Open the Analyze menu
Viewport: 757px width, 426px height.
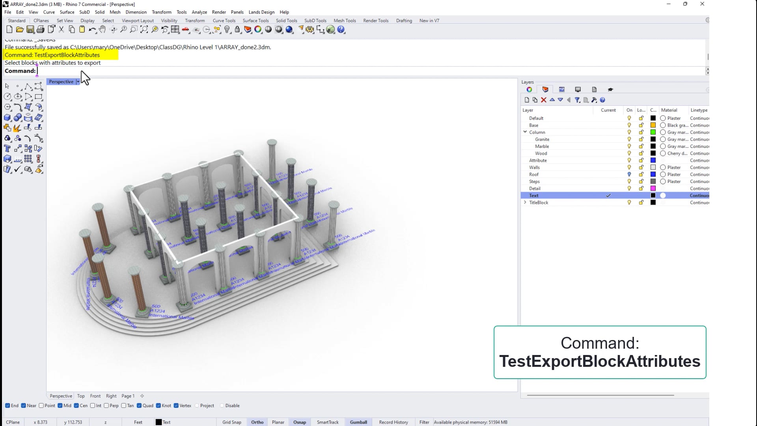(x=199, y=12)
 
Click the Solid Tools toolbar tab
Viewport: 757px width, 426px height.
(x=286, y=21)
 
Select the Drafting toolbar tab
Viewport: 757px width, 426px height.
(x=404, y=21)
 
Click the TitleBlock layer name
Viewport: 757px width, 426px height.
(x=539, y=203)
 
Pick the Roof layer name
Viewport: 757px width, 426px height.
(x=534, y=174)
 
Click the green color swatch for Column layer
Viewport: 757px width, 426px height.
(x=653, y=132)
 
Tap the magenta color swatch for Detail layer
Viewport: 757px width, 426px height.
(x=653, y=189)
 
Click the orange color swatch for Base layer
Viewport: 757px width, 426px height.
(x=653, y=125)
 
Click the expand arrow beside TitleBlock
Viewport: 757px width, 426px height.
(x=525, y=202)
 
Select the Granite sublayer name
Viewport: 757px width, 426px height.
(x=542, y=139)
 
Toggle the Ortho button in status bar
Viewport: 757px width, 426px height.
(x=257, y=422)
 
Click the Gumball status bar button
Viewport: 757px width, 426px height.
(x=358, y=422)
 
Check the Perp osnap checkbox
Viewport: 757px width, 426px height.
(x=106, y=405)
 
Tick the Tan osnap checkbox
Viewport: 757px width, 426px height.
(x=124, y=405)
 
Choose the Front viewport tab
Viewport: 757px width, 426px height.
(x=95, y=396)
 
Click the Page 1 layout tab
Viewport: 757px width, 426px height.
(x=128, y=396)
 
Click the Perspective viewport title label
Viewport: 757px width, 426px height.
(x=61, y=82)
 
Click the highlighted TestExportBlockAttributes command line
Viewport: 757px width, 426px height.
(x=52, y=55)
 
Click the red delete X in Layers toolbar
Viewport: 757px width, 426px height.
(x=543, y=100)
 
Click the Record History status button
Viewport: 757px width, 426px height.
(x=393, y=422)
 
